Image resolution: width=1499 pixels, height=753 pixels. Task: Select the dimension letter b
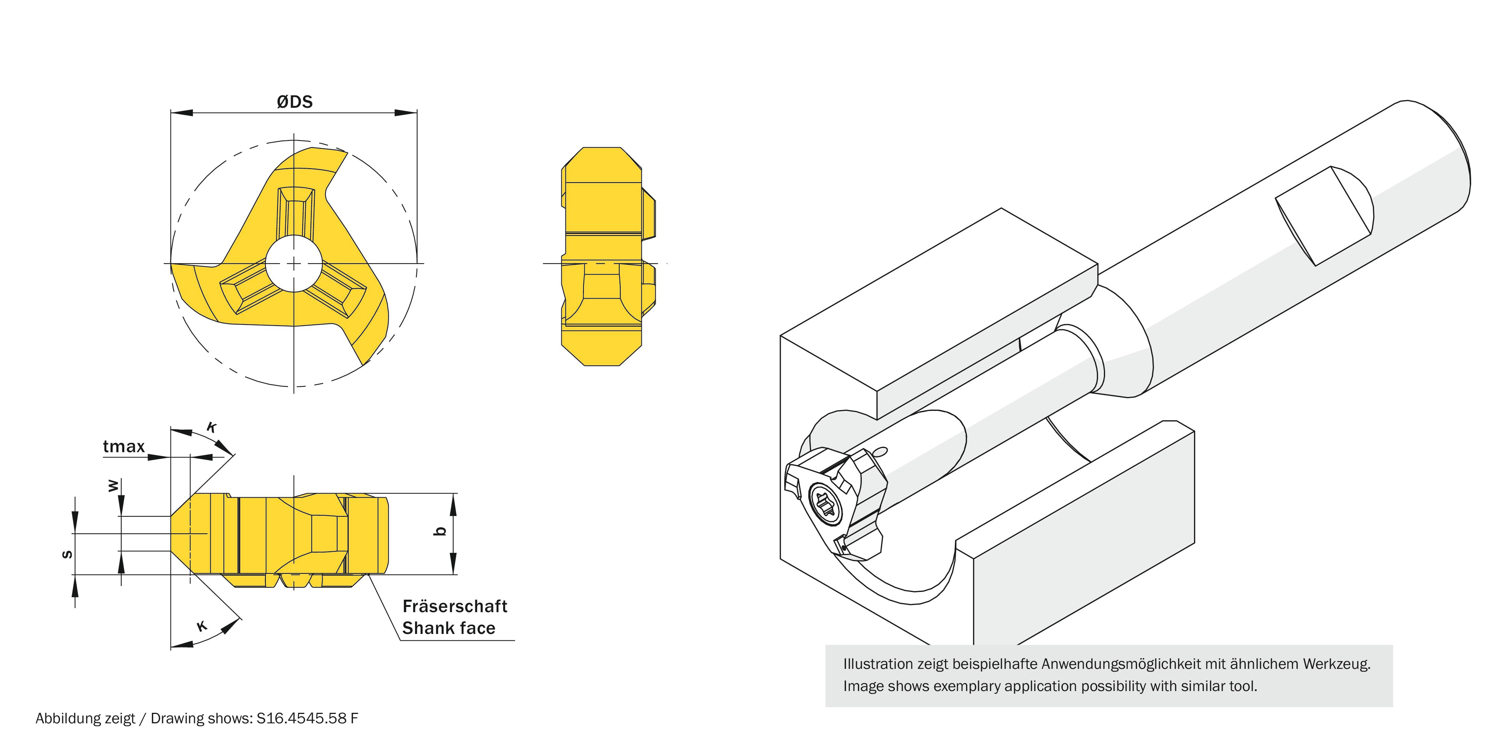pos(441,531)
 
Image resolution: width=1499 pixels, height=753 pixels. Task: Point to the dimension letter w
pos(113,485)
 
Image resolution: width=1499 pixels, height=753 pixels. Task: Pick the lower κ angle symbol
pos(201,626)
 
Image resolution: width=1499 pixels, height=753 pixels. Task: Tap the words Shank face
pos(449,628)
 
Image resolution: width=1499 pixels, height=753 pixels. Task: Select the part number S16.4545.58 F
pos(307,719)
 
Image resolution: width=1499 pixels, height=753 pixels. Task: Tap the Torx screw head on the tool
pos(825,504)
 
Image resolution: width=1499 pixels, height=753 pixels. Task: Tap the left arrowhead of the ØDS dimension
pos(180,112)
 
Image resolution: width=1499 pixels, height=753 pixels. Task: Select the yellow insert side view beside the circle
pos(605,257)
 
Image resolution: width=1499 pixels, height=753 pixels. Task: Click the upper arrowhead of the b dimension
pos(453,504)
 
